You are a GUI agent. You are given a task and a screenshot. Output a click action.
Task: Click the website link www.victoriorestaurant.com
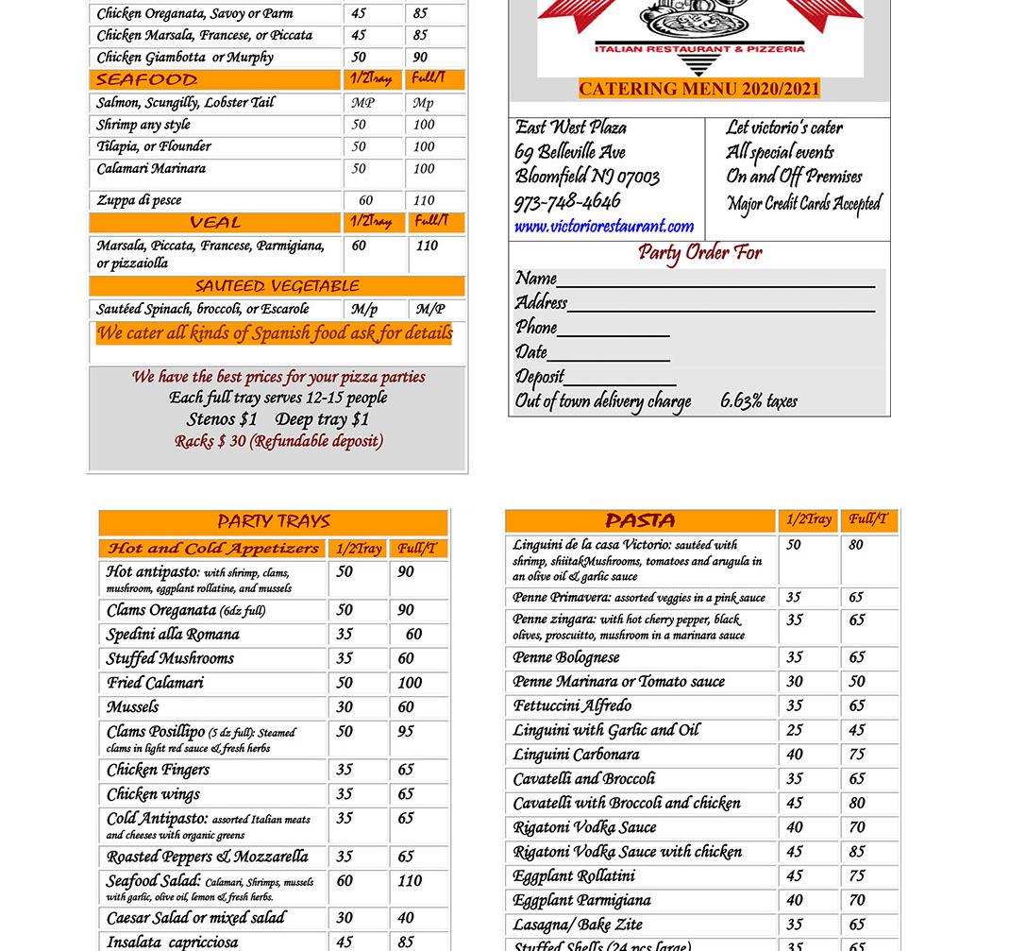tap(603, 227)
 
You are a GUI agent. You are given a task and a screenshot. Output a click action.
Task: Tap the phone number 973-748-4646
tap(567, 202)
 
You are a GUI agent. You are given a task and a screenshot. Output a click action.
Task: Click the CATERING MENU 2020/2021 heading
tap(698, 89)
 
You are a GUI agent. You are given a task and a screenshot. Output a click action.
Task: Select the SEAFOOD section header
tap(146, 79)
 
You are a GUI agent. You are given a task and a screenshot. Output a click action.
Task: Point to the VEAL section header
tap(214, 223)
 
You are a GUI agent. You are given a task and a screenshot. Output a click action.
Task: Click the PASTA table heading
tap(640, 521)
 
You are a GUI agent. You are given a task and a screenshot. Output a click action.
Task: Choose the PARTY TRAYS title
tap(273, 521)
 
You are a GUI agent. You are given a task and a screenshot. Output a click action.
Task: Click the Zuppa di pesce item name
tap(139, 200)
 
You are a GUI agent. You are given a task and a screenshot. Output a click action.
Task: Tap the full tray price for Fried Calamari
tap(410, 683)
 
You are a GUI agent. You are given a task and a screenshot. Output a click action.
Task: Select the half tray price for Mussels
tap(345, 707)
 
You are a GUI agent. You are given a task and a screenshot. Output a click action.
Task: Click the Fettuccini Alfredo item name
tap(572, 705)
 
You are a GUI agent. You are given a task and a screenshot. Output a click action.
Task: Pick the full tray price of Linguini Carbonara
tap(856, 755)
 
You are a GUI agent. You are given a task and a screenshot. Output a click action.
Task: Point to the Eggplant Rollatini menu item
tap(573, 876)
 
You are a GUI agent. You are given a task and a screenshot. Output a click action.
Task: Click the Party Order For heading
tap(699, 253)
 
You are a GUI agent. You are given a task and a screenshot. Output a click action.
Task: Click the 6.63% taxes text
tap(759, 401)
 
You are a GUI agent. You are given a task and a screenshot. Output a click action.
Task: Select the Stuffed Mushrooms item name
tap(170, 658)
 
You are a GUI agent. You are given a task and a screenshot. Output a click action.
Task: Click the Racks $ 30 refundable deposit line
tap(278, 441)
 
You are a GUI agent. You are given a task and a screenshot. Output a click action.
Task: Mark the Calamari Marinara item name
tap(151, 169)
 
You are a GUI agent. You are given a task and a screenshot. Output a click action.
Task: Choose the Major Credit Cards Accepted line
tap(803, 204)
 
